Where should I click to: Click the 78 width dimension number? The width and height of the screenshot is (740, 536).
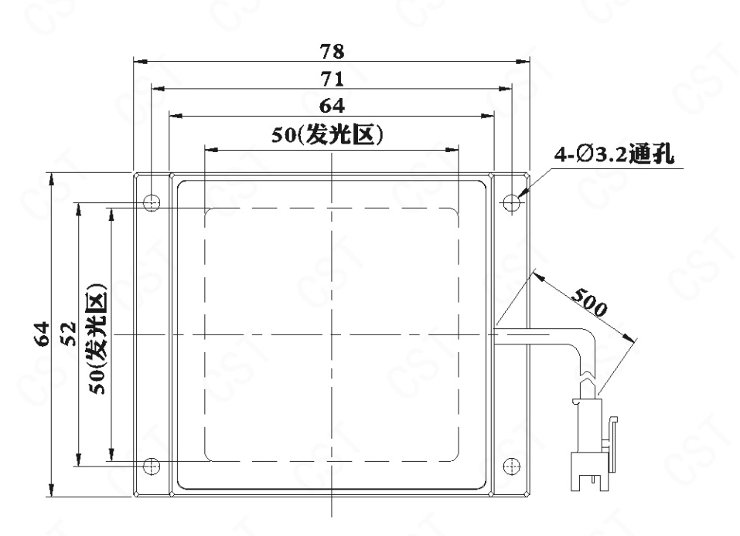click(x=332, y=52)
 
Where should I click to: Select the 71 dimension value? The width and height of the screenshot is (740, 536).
click(x=332, y=79)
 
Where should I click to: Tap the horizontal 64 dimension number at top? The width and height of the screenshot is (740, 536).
click(x=332, y=106)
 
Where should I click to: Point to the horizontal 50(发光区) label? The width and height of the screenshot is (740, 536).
click(x=327, y=135)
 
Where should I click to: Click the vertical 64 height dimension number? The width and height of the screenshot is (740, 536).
click(x=43, y=334)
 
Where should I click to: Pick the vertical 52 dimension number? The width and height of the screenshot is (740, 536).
click(x=70, y=334)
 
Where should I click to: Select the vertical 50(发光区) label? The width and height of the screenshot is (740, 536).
click(x=97, y=338)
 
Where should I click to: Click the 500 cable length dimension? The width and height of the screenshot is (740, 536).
click(x=589, y=302)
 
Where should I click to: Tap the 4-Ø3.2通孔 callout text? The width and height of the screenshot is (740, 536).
click(x=614, y=154)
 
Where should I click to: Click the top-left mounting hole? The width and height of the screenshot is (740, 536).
click(x=152, y=203)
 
